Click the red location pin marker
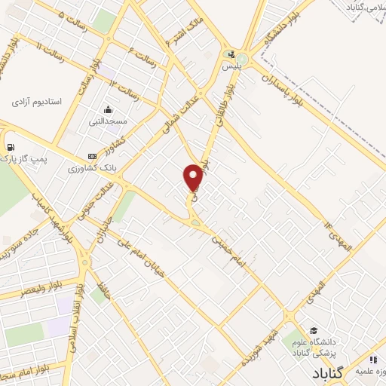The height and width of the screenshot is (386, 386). [x=194, y=178]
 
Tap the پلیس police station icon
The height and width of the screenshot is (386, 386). [x=231, y=55]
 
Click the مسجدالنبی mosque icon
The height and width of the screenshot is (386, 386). [x=109, y=109]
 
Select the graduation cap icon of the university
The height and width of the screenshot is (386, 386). [x=313, y=331]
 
